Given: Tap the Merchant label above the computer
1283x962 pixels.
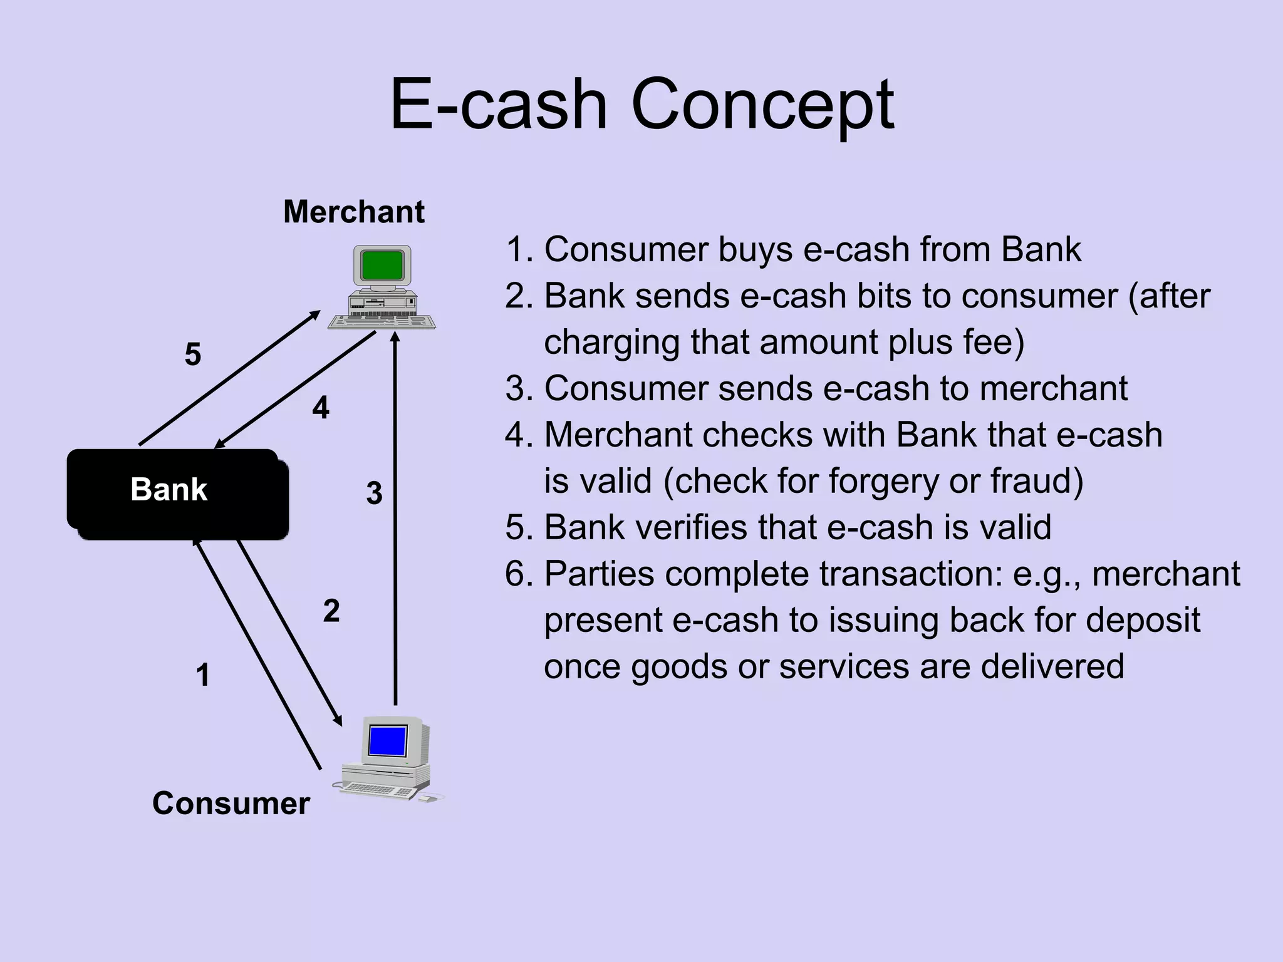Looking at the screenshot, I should (353, 212).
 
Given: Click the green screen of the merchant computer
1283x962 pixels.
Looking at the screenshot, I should (382, 265).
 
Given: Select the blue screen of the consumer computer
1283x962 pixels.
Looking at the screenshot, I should (388, 741).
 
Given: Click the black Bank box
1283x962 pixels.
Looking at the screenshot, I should (177, 494).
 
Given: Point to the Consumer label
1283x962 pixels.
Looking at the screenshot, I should (231, 804).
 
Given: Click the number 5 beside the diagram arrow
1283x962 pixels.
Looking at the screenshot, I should (193, 354).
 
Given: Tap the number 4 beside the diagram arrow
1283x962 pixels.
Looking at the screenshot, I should (320, 408).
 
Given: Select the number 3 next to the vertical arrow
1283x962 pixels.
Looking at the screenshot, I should (374, 494).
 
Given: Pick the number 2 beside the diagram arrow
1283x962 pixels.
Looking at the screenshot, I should (331, 611).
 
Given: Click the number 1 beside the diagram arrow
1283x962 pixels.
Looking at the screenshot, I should (202, 675).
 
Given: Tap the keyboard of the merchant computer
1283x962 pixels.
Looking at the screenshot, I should (382, 323).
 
